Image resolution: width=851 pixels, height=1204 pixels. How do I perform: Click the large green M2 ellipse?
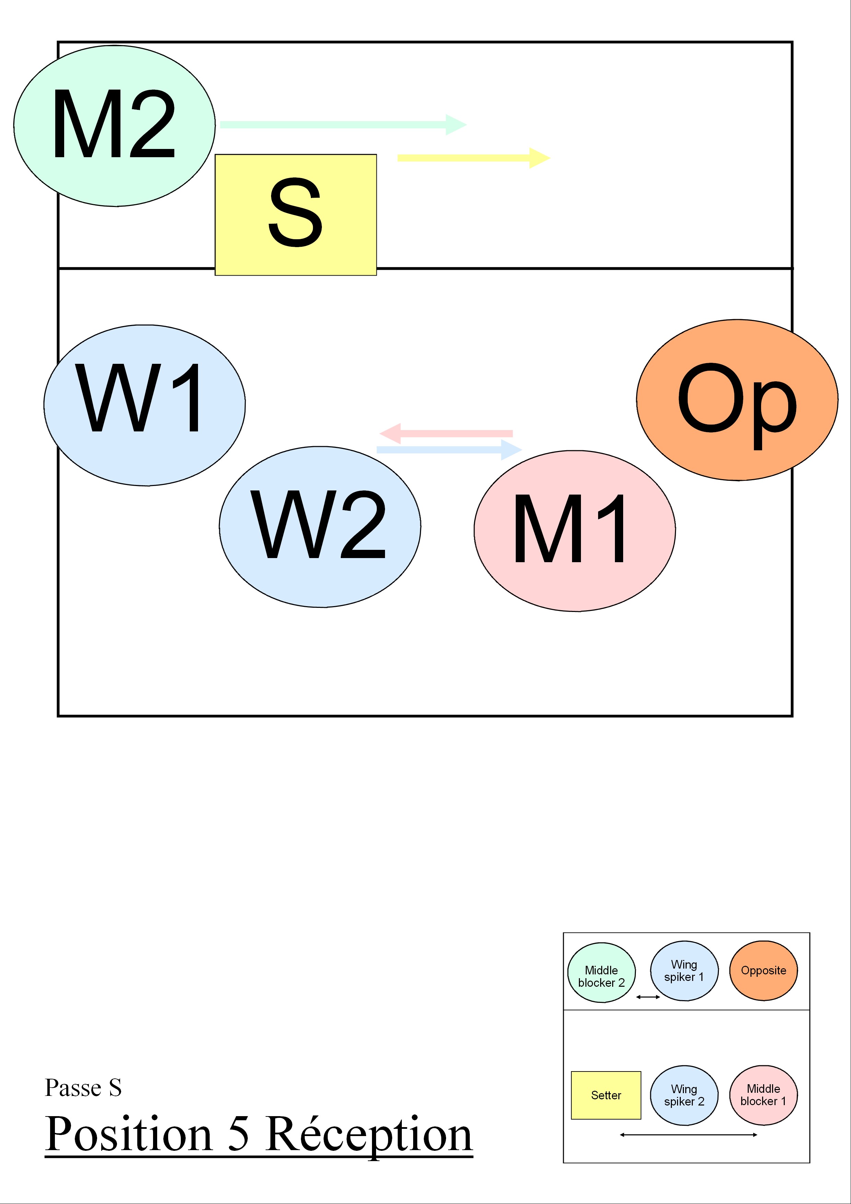click(114, 126)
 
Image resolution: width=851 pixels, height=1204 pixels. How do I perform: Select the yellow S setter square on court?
click(296, 215)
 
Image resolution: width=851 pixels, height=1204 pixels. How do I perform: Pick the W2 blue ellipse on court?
click(320, 527)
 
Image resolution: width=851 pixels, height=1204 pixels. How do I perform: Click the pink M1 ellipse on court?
click(575, 531)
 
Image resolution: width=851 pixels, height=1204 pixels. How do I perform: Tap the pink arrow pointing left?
click(446, 433)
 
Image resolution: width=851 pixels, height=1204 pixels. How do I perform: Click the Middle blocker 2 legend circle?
click(602, 972)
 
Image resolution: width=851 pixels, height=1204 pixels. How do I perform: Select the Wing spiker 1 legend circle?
click(684, 971)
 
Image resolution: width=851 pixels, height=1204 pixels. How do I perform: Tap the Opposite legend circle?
click(763, 971)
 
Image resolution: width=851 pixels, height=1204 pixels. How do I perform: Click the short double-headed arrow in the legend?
click(648, 997)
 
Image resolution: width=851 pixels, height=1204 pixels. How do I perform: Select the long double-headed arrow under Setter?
click(688, 1135)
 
